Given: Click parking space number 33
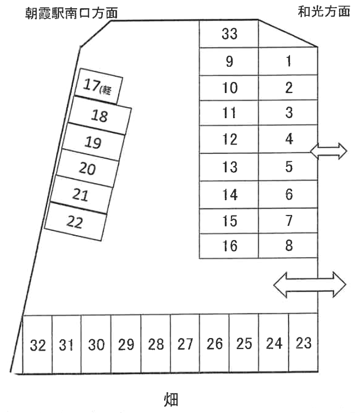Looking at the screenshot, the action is [229, 34].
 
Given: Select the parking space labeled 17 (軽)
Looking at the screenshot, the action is [98, 86].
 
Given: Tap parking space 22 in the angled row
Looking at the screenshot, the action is [76, 222].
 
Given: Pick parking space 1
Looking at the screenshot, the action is [288, 61].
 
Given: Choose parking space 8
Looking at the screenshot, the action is [288, 246].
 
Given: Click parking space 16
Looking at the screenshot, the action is [229, 246].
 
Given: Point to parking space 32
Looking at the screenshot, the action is [37, 344].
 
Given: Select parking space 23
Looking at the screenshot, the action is [304, 342].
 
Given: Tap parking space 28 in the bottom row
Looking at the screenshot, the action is [155, 344].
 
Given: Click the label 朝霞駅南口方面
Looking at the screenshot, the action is [71, 13].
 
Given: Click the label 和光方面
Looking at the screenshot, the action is [324, 11].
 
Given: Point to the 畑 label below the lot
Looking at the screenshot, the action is [171, 399].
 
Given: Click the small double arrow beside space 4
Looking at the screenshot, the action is [329, 151].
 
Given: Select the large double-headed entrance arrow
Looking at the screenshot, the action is [310, 285].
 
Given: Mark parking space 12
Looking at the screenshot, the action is [229, 139].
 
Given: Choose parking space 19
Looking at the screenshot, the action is [93, 142].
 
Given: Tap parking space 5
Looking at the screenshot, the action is [288, 166].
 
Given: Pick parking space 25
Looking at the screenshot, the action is [244, 343].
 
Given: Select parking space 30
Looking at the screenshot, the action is [96, 344].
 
